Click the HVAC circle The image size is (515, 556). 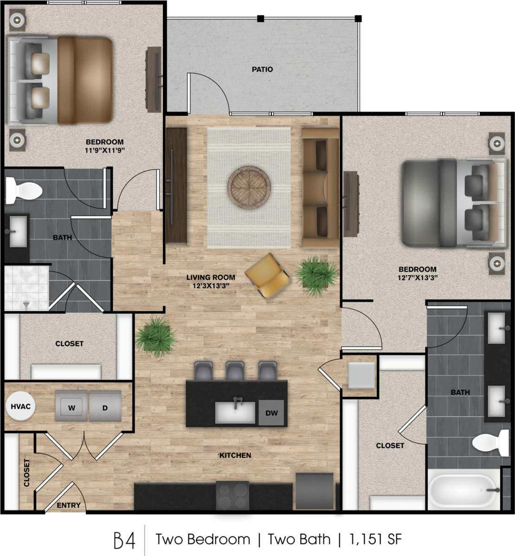click(20, 407)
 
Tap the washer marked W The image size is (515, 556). click(71, 407)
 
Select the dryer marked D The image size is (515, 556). click(105, 407)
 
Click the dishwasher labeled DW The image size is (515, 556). click(271, 413)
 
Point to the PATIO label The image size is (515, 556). click(262, 70)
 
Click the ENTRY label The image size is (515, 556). click(69, 505)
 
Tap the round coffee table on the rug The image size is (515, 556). click(249, 188)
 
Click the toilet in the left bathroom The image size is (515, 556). click(24, 190)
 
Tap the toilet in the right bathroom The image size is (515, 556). click(491, 442)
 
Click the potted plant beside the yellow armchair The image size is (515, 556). click(317, 276)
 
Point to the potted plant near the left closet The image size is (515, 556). click(156, 336)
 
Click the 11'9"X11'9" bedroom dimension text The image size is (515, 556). click(105, 150)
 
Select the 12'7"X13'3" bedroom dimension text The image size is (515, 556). click(418, 278)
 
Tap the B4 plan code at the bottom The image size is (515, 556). click(124, 540)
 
